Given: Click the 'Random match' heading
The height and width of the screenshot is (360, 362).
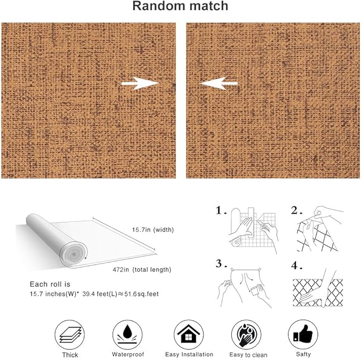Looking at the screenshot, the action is pos(180,6).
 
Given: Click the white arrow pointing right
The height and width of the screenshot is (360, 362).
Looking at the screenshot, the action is pos(140,84).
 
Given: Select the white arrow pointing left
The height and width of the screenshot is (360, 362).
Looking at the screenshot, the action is pos(219,84).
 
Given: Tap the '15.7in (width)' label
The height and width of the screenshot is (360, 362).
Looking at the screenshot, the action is pos(153,230).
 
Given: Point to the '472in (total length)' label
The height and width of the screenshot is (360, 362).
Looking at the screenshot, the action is pos(142,269).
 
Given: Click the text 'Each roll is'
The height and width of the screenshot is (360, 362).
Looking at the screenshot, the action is pos(50,284).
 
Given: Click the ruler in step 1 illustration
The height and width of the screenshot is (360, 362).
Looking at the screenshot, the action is pos(251,222).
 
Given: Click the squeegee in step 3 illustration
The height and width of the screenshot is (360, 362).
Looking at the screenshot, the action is pos(255,291).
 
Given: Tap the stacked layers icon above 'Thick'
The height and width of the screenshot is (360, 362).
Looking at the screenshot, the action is pos(70,335).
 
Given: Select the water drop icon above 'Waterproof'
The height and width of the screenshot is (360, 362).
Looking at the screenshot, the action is pos(127,331).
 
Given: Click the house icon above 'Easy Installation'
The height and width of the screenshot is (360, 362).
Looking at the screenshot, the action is pos(189,334).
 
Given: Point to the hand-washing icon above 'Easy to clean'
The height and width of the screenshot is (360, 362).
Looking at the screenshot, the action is pos(246,335).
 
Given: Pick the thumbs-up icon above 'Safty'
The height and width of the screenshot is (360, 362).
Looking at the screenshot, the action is pos(303,334).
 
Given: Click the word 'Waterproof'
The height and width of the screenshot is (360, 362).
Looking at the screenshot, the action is pos(128,355).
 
